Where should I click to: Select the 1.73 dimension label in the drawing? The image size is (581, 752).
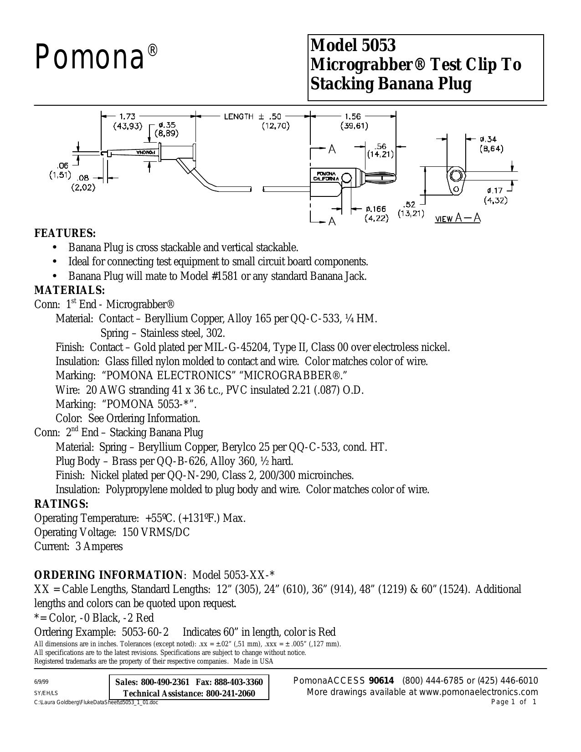click(127, 117)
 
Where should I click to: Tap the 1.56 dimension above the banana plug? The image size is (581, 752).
click(353, 117)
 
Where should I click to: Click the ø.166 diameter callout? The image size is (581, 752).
click(376, 209)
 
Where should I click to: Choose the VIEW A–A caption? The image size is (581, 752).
click(458, 218)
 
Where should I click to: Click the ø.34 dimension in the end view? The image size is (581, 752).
click(488, 139)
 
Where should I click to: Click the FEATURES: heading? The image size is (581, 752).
click(65, 234)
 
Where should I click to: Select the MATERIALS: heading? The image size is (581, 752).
click(70, 290)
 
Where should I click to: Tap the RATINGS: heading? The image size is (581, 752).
click(61, 504)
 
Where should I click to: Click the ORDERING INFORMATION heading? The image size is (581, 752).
click(108, 575)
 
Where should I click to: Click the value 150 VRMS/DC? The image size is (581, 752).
click(156, 532)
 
